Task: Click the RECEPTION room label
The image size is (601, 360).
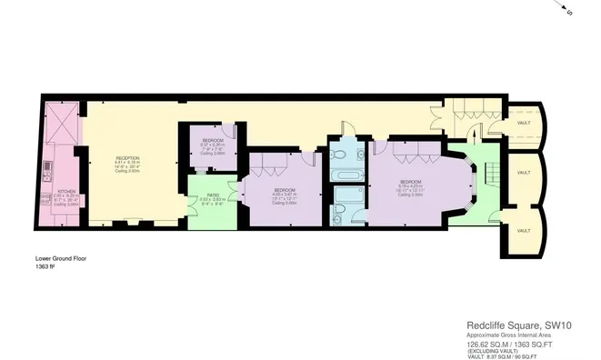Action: [x=126, y=158]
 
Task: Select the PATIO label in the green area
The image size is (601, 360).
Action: [x=212, y=195]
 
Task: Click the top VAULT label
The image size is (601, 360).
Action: [x=523, y=122]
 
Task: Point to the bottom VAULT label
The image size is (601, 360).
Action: [x=523, y=230]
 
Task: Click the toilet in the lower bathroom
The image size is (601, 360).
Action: [x=338, y=216]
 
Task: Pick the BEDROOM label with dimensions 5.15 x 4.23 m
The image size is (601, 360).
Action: [x=411, y=181]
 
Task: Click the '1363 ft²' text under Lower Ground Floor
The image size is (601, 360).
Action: [x=45, y=266]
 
